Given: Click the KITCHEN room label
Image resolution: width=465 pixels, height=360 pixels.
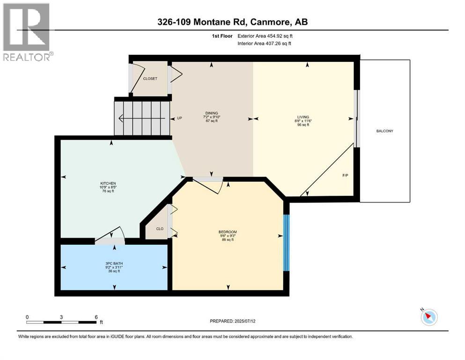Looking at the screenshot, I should (x=108, y=183).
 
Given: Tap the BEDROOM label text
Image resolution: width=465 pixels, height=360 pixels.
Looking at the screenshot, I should (x=228, y=232).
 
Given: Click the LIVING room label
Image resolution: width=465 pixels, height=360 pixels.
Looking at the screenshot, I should (x=303, y=117).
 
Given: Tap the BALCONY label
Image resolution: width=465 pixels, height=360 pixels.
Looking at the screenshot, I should (x=384, y=131).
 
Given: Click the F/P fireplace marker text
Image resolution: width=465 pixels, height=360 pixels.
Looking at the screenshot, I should (x=345, y=175).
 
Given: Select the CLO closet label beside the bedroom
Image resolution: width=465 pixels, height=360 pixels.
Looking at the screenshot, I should (x=160, y=229).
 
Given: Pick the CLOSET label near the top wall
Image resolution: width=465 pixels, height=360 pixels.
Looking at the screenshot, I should (x=150, y=79).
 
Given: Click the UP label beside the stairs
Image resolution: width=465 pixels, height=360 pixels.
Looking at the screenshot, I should (x=179, y=118).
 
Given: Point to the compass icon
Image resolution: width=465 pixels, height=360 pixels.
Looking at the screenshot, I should (x=429, y=317).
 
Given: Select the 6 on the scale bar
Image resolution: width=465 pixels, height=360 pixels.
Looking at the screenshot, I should (x=96, y=317).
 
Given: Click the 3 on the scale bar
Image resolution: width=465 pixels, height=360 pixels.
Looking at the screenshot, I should (x=61, y=317).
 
